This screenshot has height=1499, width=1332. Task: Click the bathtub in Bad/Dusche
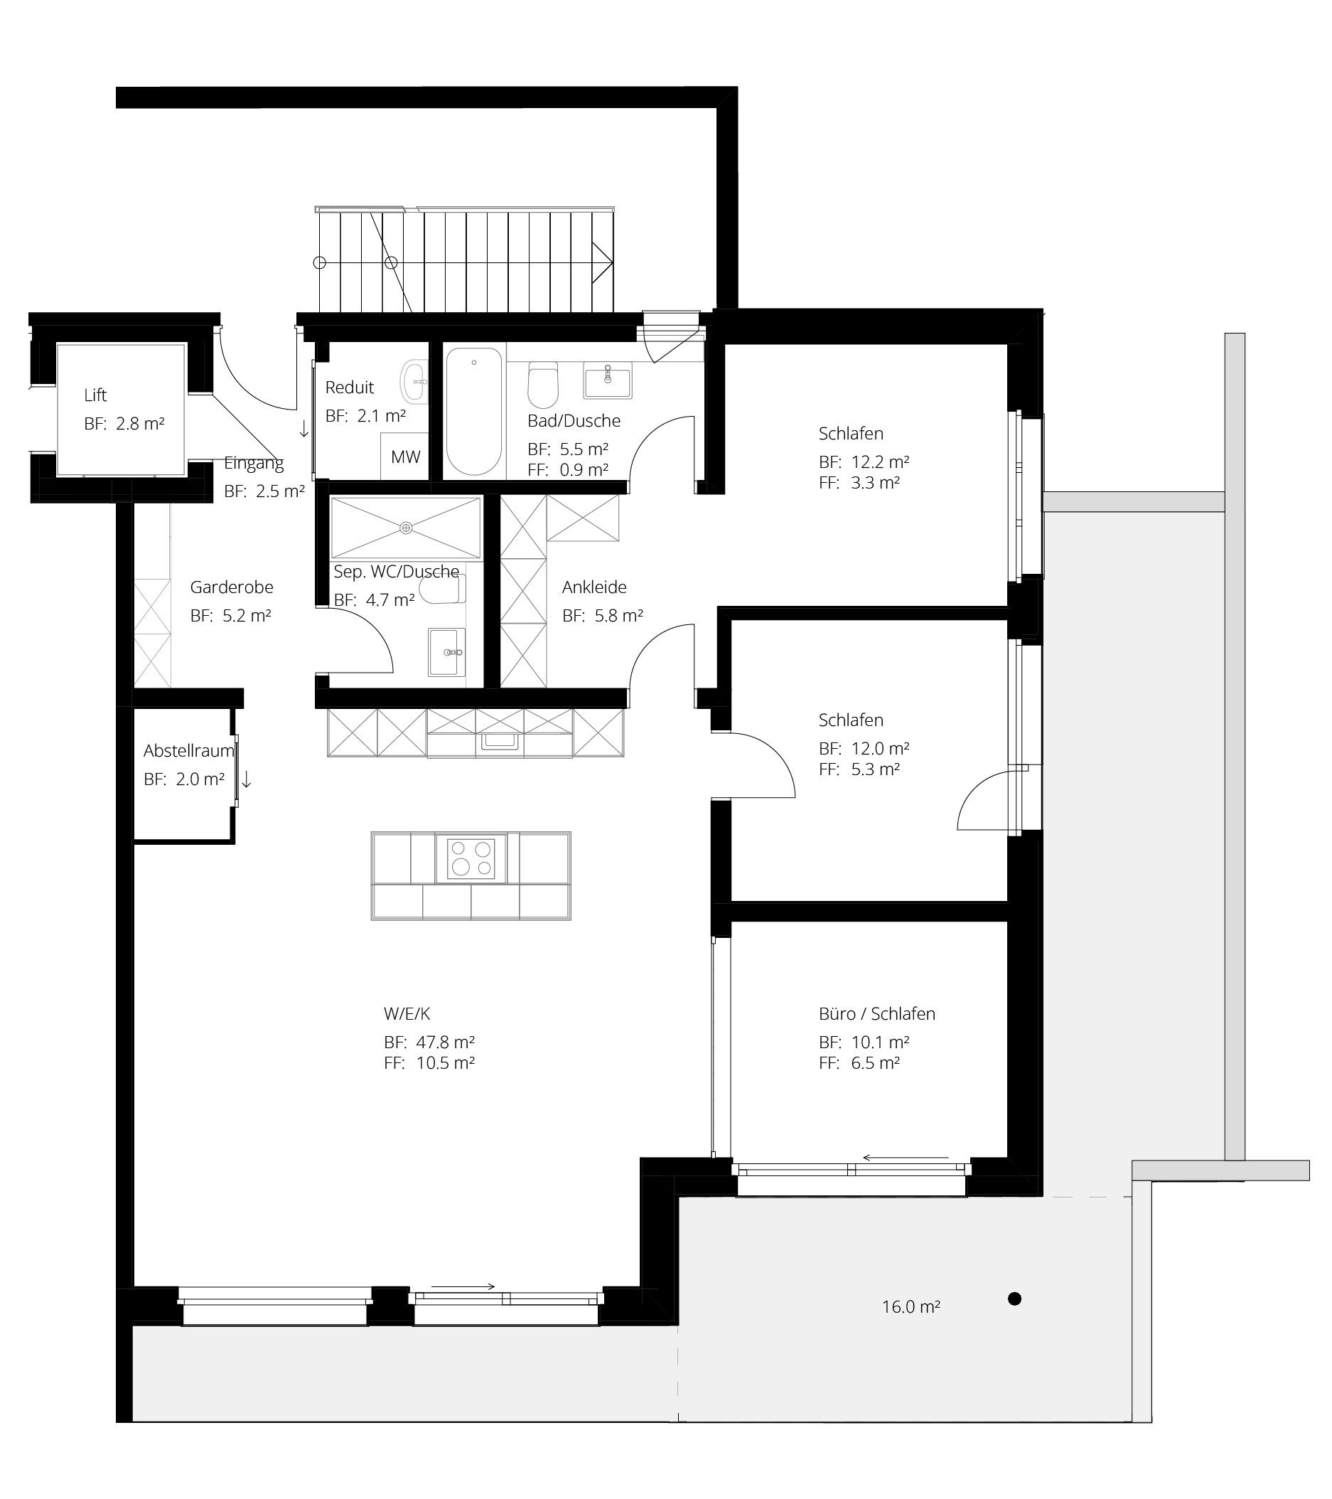point(474,411)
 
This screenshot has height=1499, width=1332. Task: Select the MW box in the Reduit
point(404,456)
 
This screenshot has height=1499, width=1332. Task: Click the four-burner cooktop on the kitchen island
point(471,858)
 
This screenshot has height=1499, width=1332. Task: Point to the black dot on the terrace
point(1014,1319)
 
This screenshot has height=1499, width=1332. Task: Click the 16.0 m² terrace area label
point(911,1327)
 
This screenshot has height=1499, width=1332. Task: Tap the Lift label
point(95,395)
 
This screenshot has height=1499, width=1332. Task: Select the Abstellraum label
point(188,750)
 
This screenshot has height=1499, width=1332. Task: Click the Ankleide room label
point(594,587)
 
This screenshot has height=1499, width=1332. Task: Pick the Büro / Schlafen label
point(877,1013)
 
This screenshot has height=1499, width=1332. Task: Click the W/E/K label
point(407,1013)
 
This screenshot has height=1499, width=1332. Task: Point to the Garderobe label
point(232,587)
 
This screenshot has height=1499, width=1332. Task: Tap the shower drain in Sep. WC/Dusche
point(406,528)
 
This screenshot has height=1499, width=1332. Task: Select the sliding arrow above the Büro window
point(906,1158)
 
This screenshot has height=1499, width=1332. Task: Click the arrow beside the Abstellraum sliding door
point(247,779)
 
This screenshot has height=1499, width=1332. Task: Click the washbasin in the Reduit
point(415,381)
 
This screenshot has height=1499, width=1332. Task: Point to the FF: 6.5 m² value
point(859,1062)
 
